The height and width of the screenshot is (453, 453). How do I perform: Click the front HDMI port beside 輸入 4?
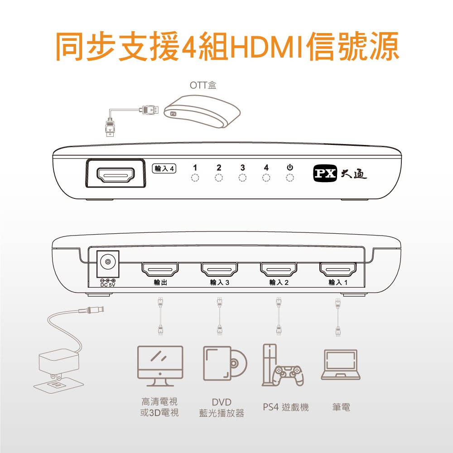116,175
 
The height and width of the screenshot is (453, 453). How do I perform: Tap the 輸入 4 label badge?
164,169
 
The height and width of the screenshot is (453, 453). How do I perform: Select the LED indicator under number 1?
195,178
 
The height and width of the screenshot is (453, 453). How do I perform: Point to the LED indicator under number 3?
242,178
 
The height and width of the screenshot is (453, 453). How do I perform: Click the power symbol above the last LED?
290,168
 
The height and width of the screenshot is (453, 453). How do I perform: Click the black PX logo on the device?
325,173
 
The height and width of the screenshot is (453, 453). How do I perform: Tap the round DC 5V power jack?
108,262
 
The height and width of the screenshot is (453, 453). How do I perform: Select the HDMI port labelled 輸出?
160,269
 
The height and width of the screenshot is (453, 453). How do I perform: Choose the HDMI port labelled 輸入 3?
219,269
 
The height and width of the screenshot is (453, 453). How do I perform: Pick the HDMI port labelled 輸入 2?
279,269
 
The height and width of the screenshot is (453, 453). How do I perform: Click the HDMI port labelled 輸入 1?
338,269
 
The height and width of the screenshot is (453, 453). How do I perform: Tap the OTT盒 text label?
203,85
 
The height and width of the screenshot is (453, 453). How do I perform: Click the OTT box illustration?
202,111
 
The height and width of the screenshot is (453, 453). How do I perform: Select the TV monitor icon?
160,366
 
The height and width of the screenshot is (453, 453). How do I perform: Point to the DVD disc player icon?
225,363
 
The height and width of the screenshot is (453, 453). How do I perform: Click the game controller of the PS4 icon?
289,375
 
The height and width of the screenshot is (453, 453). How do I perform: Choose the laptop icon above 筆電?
341,364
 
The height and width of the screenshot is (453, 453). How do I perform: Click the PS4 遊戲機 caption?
286,407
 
